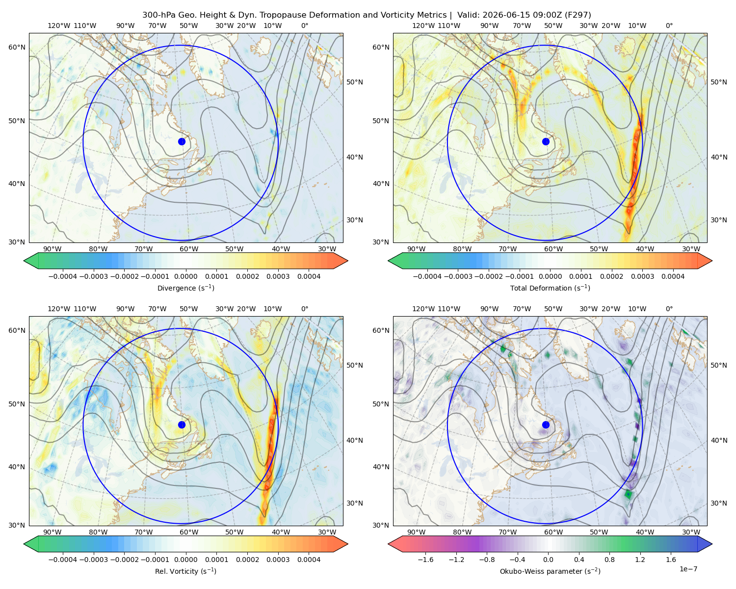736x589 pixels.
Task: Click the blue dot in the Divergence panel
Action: (x=182, y=141)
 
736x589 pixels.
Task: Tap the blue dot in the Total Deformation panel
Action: (x=546, y=141)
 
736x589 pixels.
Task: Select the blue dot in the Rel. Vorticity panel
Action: (x=182, y=425)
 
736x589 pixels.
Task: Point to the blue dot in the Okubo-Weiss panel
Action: (x=546, y=425)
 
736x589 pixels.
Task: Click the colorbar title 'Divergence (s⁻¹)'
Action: (x=185, y=288)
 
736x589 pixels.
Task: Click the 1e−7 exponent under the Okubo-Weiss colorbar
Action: (x=688, y=569)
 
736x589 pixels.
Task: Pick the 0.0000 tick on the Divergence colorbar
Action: (x=185, y=276)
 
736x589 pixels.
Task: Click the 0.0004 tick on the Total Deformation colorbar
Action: (x=673, y=276)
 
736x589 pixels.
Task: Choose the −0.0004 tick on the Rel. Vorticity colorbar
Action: (x=63, y=559)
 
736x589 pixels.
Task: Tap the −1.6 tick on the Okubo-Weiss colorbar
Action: (x=425, y=559)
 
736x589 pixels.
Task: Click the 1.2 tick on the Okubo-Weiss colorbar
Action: (x=640, y=559)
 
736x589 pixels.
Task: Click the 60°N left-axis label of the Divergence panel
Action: (x=17, y=47)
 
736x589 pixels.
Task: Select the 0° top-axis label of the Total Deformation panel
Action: (x=669, y=26)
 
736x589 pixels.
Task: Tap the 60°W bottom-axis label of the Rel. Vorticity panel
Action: (x=189, y=532)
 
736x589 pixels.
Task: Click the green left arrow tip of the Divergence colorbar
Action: (x=24, y=261)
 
